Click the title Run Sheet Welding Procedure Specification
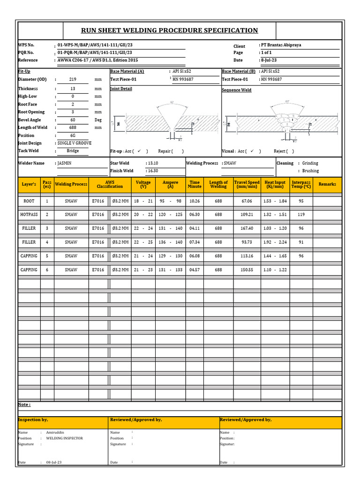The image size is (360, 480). [x=169, y=30]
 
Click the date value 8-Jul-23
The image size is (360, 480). [x=269, y=60]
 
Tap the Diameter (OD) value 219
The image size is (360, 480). [x=73, y=80]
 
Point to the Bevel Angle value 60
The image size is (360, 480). [x=73, y=120]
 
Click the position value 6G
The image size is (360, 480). [x=73, y=135]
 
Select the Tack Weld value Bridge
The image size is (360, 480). [x=73, y=151]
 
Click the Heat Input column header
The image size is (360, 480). [x=275, y=184]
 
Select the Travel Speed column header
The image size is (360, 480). [x=247, y=184]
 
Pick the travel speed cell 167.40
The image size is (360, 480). [x=247, y=228]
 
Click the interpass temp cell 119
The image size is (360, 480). [x=301, y=214]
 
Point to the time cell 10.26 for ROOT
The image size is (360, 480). [x=195, y=201]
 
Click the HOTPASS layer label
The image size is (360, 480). [x=29, y=214]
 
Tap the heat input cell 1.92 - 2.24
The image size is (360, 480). [x=275, y=242]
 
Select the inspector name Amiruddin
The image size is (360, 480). [x=55, y=433]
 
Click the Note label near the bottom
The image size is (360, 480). [x=24, y=405]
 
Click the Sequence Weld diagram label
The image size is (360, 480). [x=236, y=90]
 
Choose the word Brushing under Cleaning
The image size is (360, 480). [x=310, y=171]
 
